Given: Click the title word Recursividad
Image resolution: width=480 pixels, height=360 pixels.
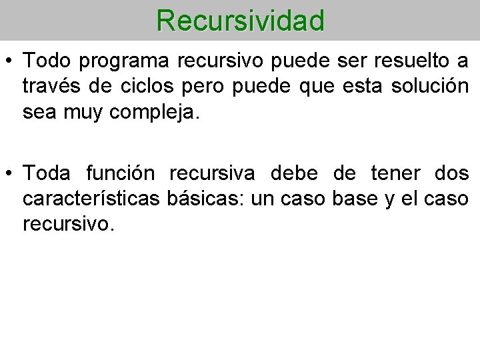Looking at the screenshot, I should [x=241, y=20].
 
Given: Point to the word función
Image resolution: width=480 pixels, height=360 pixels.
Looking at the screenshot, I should [x=121, y=173].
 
